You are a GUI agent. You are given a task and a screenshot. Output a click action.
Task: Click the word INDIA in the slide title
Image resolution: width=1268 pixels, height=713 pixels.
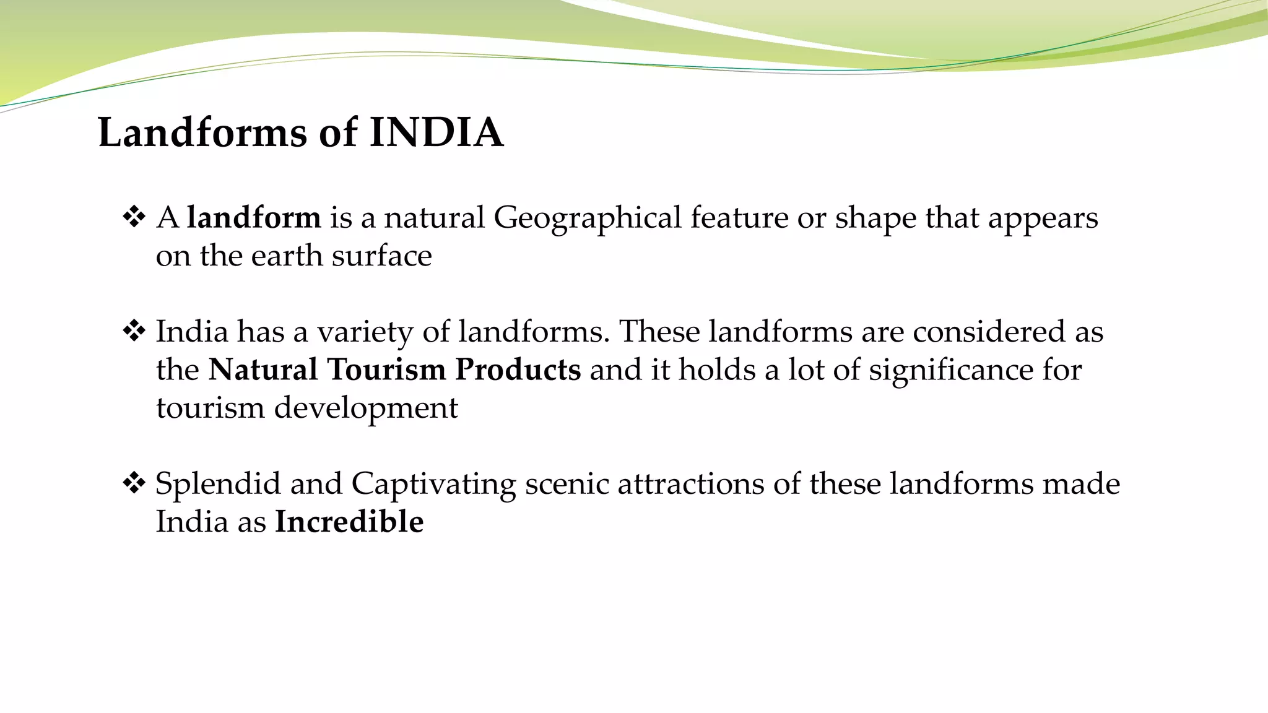pos(436,132)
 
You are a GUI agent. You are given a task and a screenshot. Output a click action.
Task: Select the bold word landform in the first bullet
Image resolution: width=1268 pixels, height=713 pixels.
pos(254,218)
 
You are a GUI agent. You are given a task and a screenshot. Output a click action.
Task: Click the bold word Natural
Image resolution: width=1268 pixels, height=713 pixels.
pos(263,369)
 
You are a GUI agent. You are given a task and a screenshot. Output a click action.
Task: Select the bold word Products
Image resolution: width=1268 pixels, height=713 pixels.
pos(518,369)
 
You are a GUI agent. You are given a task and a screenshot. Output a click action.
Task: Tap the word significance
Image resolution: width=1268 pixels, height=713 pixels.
pos(951,371)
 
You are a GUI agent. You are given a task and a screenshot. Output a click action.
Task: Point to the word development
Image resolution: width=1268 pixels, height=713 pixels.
pos(366,408)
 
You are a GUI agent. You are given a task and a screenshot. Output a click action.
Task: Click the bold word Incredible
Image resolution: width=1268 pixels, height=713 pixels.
pos(349,522)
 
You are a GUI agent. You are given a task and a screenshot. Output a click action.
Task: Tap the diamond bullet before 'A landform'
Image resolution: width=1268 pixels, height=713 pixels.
pos(134,217)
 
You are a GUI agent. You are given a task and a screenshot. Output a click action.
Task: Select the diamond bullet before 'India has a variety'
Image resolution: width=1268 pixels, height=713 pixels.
pos(134,331)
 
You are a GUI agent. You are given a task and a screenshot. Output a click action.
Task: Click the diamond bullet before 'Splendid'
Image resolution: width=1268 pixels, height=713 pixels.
pos(134,483)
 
